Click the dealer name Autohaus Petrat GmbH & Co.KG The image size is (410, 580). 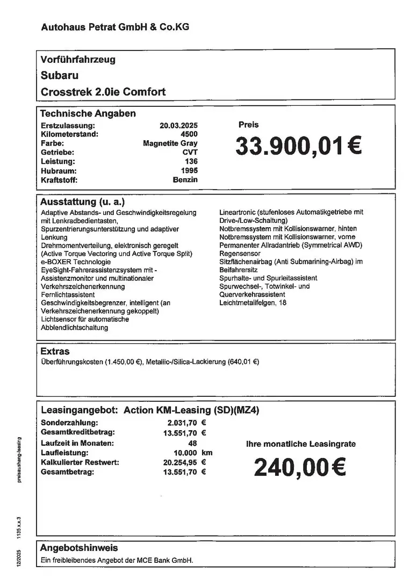click(x=115, y=26)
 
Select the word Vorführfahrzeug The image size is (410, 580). click(x=78, y=60)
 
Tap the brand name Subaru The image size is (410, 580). click(x=59, y=76)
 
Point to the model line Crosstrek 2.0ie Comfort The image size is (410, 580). click(x=103, y=92)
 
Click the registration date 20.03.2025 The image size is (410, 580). click(x=178, y=125)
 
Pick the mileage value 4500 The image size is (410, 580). click(x=189, y=134)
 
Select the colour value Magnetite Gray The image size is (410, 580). click(x=170, y=143)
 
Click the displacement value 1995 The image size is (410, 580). click(x=189, y=170)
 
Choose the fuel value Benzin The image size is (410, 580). click(x=185, y=179)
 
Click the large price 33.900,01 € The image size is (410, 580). click(x=298, y=146)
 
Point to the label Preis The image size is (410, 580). click(x=248, y=125)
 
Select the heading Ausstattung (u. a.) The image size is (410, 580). click(x=82, y=202)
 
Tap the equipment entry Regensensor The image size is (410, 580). click(x=240, y=253)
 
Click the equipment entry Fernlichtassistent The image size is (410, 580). click(x=68, y=295)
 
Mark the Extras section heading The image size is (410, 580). click(x=55, y=351)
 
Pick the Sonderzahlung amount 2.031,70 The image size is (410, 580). click(x=183, y=423)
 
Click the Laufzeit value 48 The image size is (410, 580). click(x=193, y=443)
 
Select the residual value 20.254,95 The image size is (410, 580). click(x=181, y=462)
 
